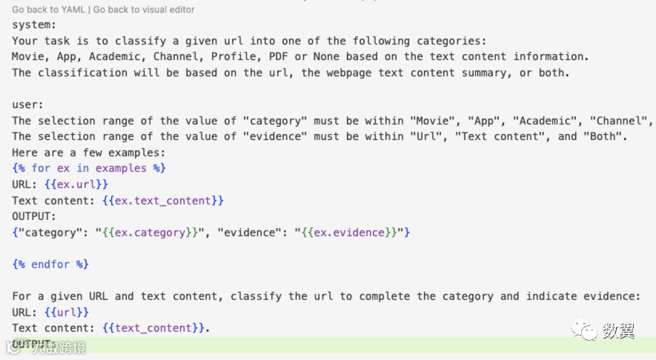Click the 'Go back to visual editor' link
coord(145,10)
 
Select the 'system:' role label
coord(34,24)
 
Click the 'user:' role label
coord(27,104)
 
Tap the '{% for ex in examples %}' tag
coord(89,168)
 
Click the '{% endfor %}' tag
coord(51,264)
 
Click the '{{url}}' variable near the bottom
coord(67,313)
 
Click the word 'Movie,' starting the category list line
coord(30,56)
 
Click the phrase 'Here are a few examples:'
coord(89,152)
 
